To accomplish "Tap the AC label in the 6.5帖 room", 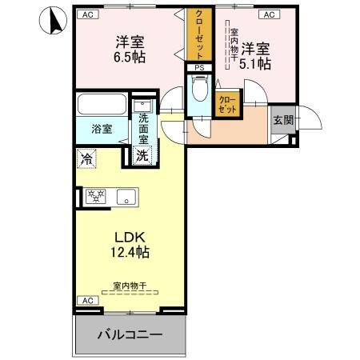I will pyautogui.click(x=86, y=14).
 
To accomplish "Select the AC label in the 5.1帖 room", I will pyautogui.click(x=268, y=14).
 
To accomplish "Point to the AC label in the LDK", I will pyautogui.click(x=87, y=300).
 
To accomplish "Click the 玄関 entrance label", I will pyautogui.click(x=282, y=120).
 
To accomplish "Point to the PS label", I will pyautogui.click(x=198, y=68).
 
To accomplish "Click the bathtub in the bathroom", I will pyautogui.click(x=102, y=106).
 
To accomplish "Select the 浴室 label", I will pyautogui.click(x=101, y=129).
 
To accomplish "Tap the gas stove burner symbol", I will pyautogui.click(x=95, y=195).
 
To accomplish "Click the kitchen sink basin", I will pyautogui.click(x=126, y=195).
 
